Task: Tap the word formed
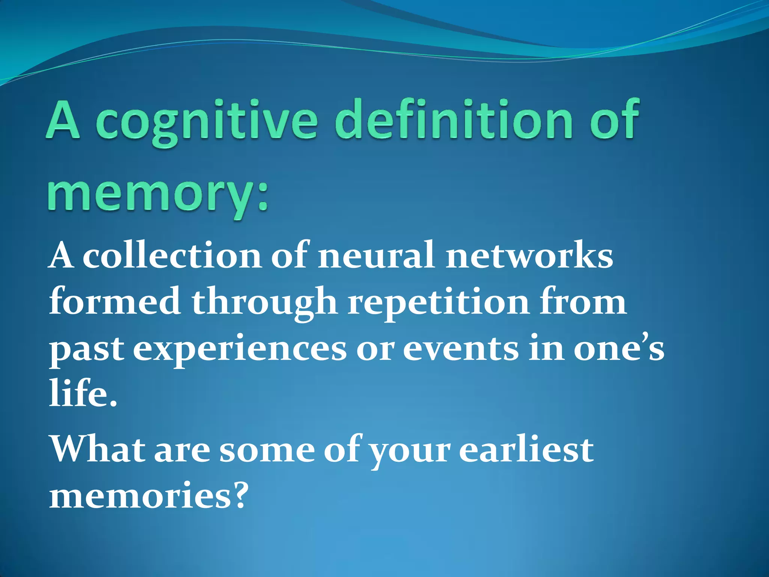tap(115, 302)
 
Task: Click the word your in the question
tap(409, 453)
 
